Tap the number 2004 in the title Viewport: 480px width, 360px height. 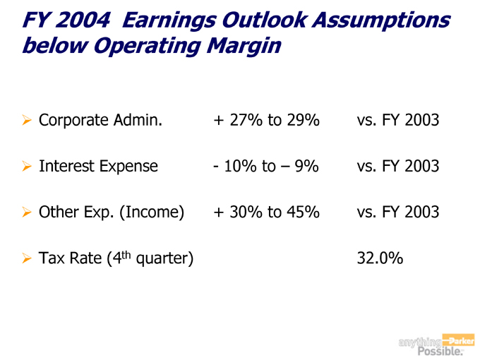83,20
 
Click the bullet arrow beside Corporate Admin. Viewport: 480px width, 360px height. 27,121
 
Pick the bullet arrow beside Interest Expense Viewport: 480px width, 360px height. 27,167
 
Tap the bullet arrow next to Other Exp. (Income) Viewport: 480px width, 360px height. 27,212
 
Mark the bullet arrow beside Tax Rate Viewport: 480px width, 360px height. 27,258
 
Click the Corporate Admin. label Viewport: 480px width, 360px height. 100,121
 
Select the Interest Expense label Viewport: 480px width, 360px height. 98,167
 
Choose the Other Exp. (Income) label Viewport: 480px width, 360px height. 112,212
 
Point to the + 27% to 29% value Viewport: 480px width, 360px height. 266,121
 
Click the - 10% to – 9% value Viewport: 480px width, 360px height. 265,167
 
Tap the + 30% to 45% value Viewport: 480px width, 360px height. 266,212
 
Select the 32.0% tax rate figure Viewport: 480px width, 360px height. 380,258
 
